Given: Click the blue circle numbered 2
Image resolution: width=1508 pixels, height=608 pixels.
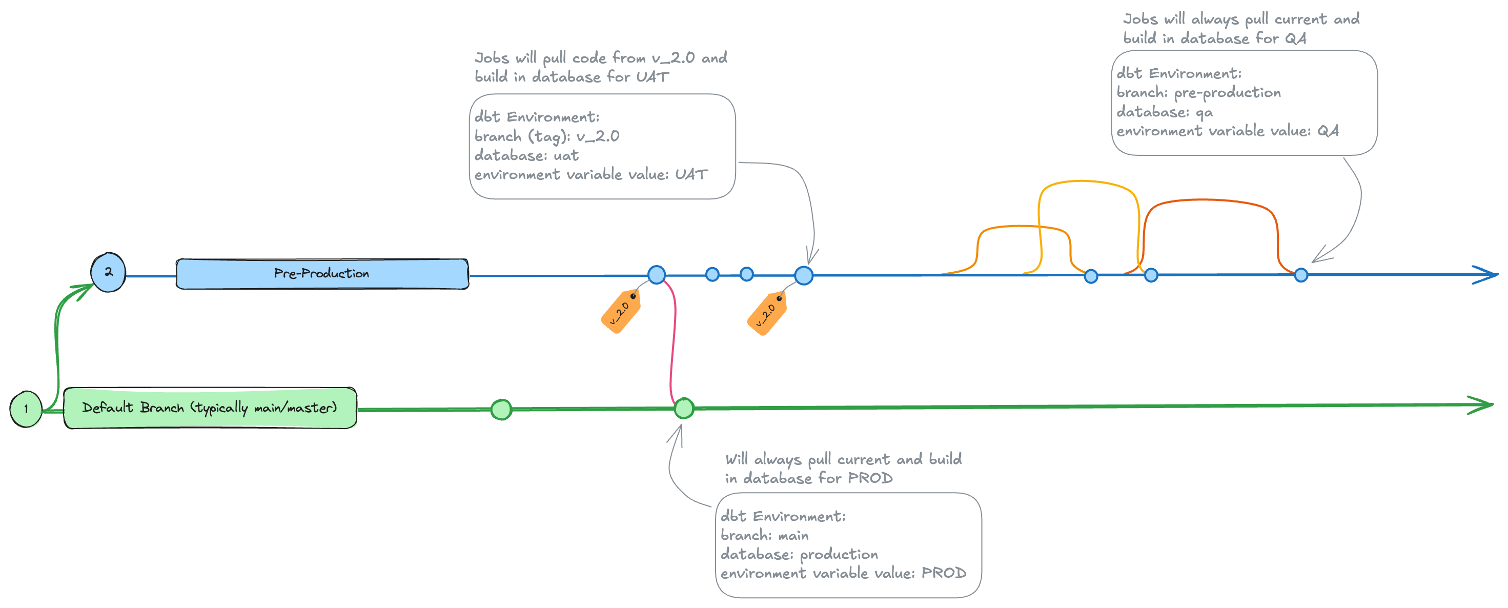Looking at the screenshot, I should tap(108, 272).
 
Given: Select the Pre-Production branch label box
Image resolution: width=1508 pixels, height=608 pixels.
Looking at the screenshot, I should tap(322, 274).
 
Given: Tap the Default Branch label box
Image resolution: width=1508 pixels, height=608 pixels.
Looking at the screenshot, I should tap(210, 408).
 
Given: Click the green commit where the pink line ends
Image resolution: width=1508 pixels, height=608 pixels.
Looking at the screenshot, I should tap(684, 408).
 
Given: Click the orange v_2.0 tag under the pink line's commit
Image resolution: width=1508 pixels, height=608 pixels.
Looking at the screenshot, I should tap(621, 311).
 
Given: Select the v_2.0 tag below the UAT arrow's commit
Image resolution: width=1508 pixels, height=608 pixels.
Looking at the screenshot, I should tap(767, 313).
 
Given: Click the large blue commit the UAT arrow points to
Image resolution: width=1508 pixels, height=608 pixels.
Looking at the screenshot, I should tap(804, 275).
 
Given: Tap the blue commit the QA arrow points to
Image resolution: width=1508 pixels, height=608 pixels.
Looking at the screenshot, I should tap(1301, 275).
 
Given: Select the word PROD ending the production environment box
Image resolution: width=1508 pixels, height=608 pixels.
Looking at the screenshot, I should tap(944, 573).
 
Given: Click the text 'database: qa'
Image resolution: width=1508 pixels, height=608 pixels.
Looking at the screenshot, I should tap(1165, 112).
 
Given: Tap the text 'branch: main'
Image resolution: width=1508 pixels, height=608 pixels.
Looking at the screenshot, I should tap(765, 535).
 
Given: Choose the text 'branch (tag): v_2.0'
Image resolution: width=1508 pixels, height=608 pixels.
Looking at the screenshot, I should tap(547, 136).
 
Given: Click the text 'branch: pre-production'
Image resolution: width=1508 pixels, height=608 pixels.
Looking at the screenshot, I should tap(1198, 93).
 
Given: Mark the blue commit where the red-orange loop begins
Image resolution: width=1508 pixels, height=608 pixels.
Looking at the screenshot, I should tap(1151, 275).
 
